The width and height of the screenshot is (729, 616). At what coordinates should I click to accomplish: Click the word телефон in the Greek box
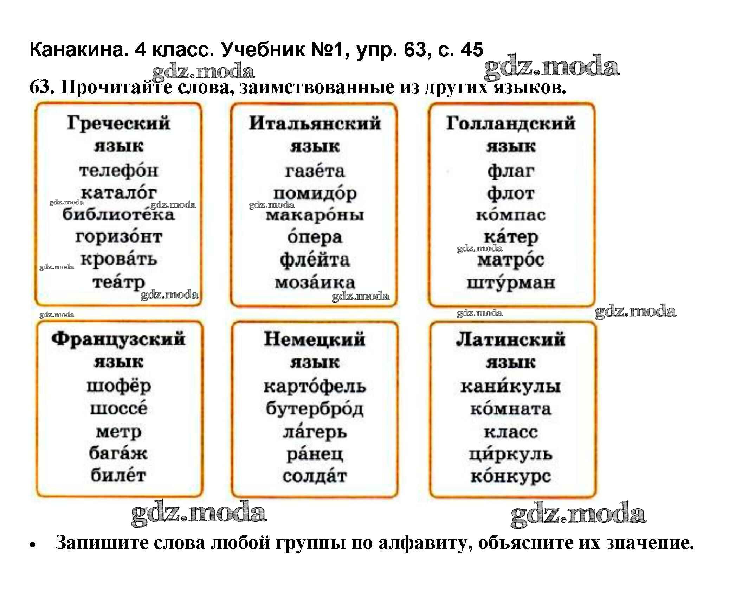point(119,170)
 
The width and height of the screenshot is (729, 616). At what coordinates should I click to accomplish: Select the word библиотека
point(118,214)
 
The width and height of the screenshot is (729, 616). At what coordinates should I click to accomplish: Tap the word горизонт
point(119,236)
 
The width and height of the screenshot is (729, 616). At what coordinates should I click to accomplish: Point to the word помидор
point(315,193)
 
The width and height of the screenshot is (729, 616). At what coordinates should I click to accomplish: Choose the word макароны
point(315,215)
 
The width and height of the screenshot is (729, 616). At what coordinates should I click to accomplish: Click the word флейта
point(315,260)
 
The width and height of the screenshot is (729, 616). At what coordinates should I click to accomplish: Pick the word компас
point(511,215)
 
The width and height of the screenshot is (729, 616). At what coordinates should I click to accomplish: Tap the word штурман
point(511,282)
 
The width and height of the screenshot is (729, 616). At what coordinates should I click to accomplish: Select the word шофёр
point(119,385)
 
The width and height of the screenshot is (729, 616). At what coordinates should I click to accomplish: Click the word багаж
point(118,453)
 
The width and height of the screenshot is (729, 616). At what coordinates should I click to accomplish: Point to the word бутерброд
point(315,408)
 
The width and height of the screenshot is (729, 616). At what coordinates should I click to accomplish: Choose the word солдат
point(315,476)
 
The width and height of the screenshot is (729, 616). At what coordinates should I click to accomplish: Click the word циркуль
point(511,453)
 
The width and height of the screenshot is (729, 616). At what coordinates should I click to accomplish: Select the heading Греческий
point(119,123)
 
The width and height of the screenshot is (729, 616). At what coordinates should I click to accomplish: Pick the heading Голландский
point(511,123)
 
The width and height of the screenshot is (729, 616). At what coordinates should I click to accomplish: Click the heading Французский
point(118,339)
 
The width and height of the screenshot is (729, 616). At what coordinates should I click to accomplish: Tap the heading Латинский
point(511,339)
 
